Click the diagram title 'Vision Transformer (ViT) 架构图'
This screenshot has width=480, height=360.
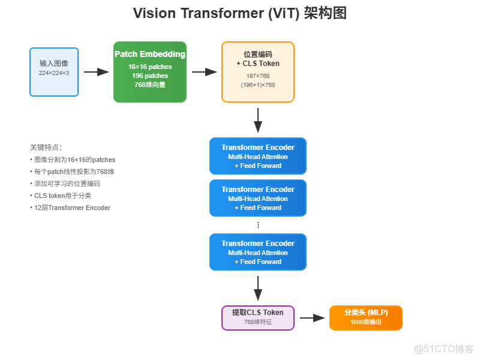coord(239,14)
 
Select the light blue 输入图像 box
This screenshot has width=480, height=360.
coord(54,72)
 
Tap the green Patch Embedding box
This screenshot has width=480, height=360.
coord(150,72)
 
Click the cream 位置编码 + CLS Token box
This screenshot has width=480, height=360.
coord(258,72)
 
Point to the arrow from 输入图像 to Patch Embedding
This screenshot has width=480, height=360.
coord(96,72)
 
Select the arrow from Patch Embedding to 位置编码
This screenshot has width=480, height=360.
coord(204,72)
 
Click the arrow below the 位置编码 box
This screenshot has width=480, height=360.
coord(258,121)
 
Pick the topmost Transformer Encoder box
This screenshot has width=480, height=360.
coord(258,156)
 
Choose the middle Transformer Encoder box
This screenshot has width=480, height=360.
coord(258,198)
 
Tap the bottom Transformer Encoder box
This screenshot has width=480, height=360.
coord(258,252)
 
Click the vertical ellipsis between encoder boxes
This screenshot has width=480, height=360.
coord(258,225)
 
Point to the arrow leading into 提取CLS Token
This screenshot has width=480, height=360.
coord(258,289)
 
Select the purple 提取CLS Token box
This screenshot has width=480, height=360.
coord(258,318)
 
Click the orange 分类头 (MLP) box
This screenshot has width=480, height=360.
coord(366,318)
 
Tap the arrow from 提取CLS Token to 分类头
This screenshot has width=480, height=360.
coord(312,318)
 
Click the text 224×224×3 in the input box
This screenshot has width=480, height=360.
coord(54,73)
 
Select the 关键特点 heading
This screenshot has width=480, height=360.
coord(46,147)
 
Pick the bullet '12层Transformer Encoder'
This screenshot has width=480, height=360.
coord(72,208)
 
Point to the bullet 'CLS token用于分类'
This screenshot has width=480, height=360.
coord(62,196)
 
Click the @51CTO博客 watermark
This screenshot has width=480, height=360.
coord(444,348)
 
